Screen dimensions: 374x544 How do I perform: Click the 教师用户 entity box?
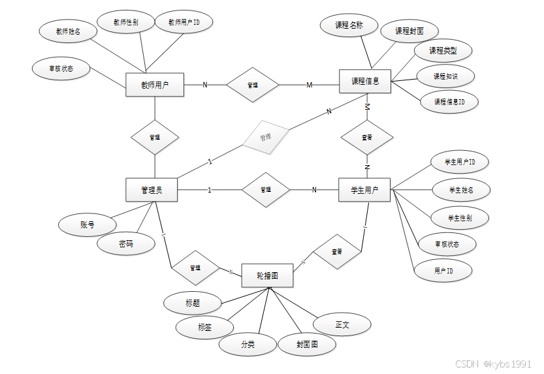[x=155, y=85]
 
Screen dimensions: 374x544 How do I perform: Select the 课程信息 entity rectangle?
[x=365, y=82]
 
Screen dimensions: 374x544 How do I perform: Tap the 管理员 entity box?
[x=152, y=190]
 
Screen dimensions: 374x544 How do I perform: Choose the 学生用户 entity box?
[x=364, y=190]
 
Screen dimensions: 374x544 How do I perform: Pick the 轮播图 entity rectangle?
[x=267, y=276]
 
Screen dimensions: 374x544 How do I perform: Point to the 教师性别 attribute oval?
[x=125, y=22]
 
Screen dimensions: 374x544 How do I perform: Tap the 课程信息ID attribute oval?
[x=449, y=102]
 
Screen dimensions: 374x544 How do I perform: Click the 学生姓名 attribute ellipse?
[x=461, y=190]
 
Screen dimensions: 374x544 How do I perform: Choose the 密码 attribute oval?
[x=126, y=243]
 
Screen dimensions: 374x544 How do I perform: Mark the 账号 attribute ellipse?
[x=88, y=225]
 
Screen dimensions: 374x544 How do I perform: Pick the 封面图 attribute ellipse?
[x=307, y=345]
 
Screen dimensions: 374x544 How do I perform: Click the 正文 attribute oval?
[x=343, y=324]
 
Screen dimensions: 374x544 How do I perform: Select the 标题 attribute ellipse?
[x=193, y=303]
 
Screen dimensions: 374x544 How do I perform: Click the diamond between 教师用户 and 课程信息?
[x=252, y=85]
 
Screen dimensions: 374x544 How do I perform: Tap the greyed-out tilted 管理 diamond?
[x=264, y=138]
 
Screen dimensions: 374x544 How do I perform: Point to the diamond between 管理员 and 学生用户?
[x=265, y=190]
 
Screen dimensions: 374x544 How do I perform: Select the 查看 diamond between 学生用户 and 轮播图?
[x=336, y=251]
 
